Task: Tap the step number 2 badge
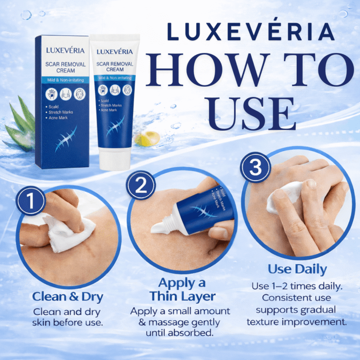pos(141,185)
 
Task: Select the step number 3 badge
pos(255,167)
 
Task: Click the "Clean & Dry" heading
pos(67,297)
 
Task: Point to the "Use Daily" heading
pos(297,269)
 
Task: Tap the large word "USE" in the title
pos(250,113)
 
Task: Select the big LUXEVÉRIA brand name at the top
pos(251,31)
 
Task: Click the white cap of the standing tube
pos(114,159)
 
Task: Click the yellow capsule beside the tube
pos(147,139)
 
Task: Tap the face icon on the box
pos(80,94)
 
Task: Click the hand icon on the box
pos(51,94)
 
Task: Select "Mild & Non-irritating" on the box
pos(66,80)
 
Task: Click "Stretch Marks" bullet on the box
pos(60,112)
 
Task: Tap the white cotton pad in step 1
pos(69,232)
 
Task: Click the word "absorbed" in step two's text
pos(190,333)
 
